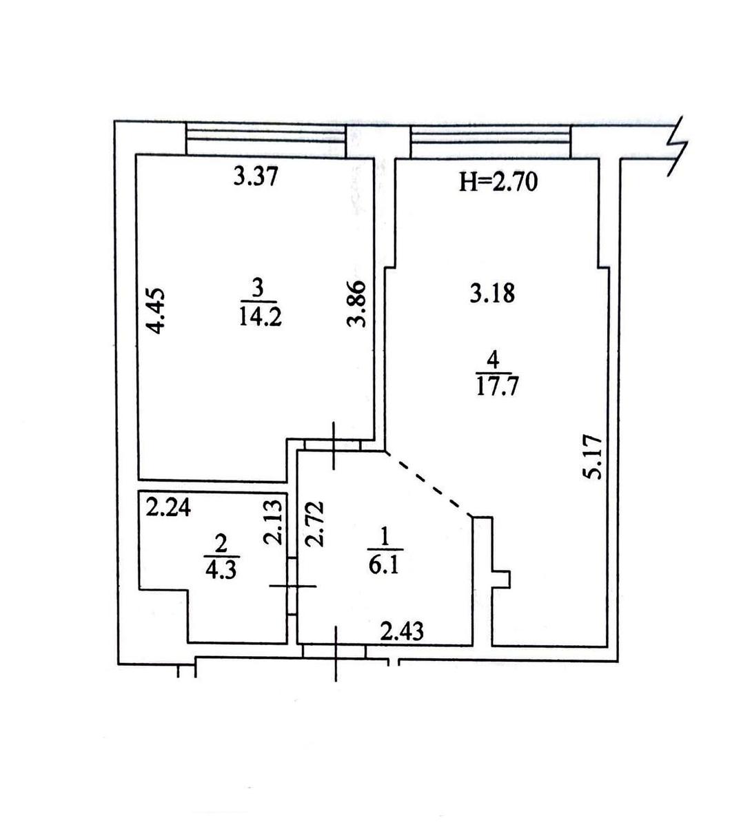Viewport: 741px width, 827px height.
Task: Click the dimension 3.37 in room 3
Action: coord(256,177)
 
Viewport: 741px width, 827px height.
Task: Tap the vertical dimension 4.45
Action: coord(156,312)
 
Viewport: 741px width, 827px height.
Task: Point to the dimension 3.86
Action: coord(356,303)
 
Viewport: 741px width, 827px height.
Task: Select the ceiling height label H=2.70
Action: coord(498,182)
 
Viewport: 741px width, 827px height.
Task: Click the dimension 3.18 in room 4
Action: coord(492,293)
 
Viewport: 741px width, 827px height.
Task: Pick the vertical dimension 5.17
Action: coord(592,457)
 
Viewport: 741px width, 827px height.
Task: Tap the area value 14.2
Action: coord(261,317)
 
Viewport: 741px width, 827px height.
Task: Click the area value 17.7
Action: coord(497,386)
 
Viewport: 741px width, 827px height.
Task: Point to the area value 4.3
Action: coord(221,570)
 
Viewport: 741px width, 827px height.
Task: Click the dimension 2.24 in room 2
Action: coord(168,508)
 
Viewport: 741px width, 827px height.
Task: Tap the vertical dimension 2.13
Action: coord(272,522)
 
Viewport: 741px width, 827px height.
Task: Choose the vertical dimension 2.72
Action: coord(315,524)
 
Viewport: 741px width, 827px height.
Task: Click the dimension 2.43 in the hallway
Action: coord(402,631)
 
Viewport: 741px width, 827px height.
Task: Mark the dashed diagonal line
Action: coord(428,484)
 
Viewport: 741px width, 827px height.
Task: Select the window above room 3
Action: coord(266,140)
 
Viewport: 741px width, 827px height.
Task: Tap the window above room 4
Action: coord(490,142)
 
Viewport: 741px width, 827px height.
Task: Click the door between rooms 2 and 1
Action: coord(292,586)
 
